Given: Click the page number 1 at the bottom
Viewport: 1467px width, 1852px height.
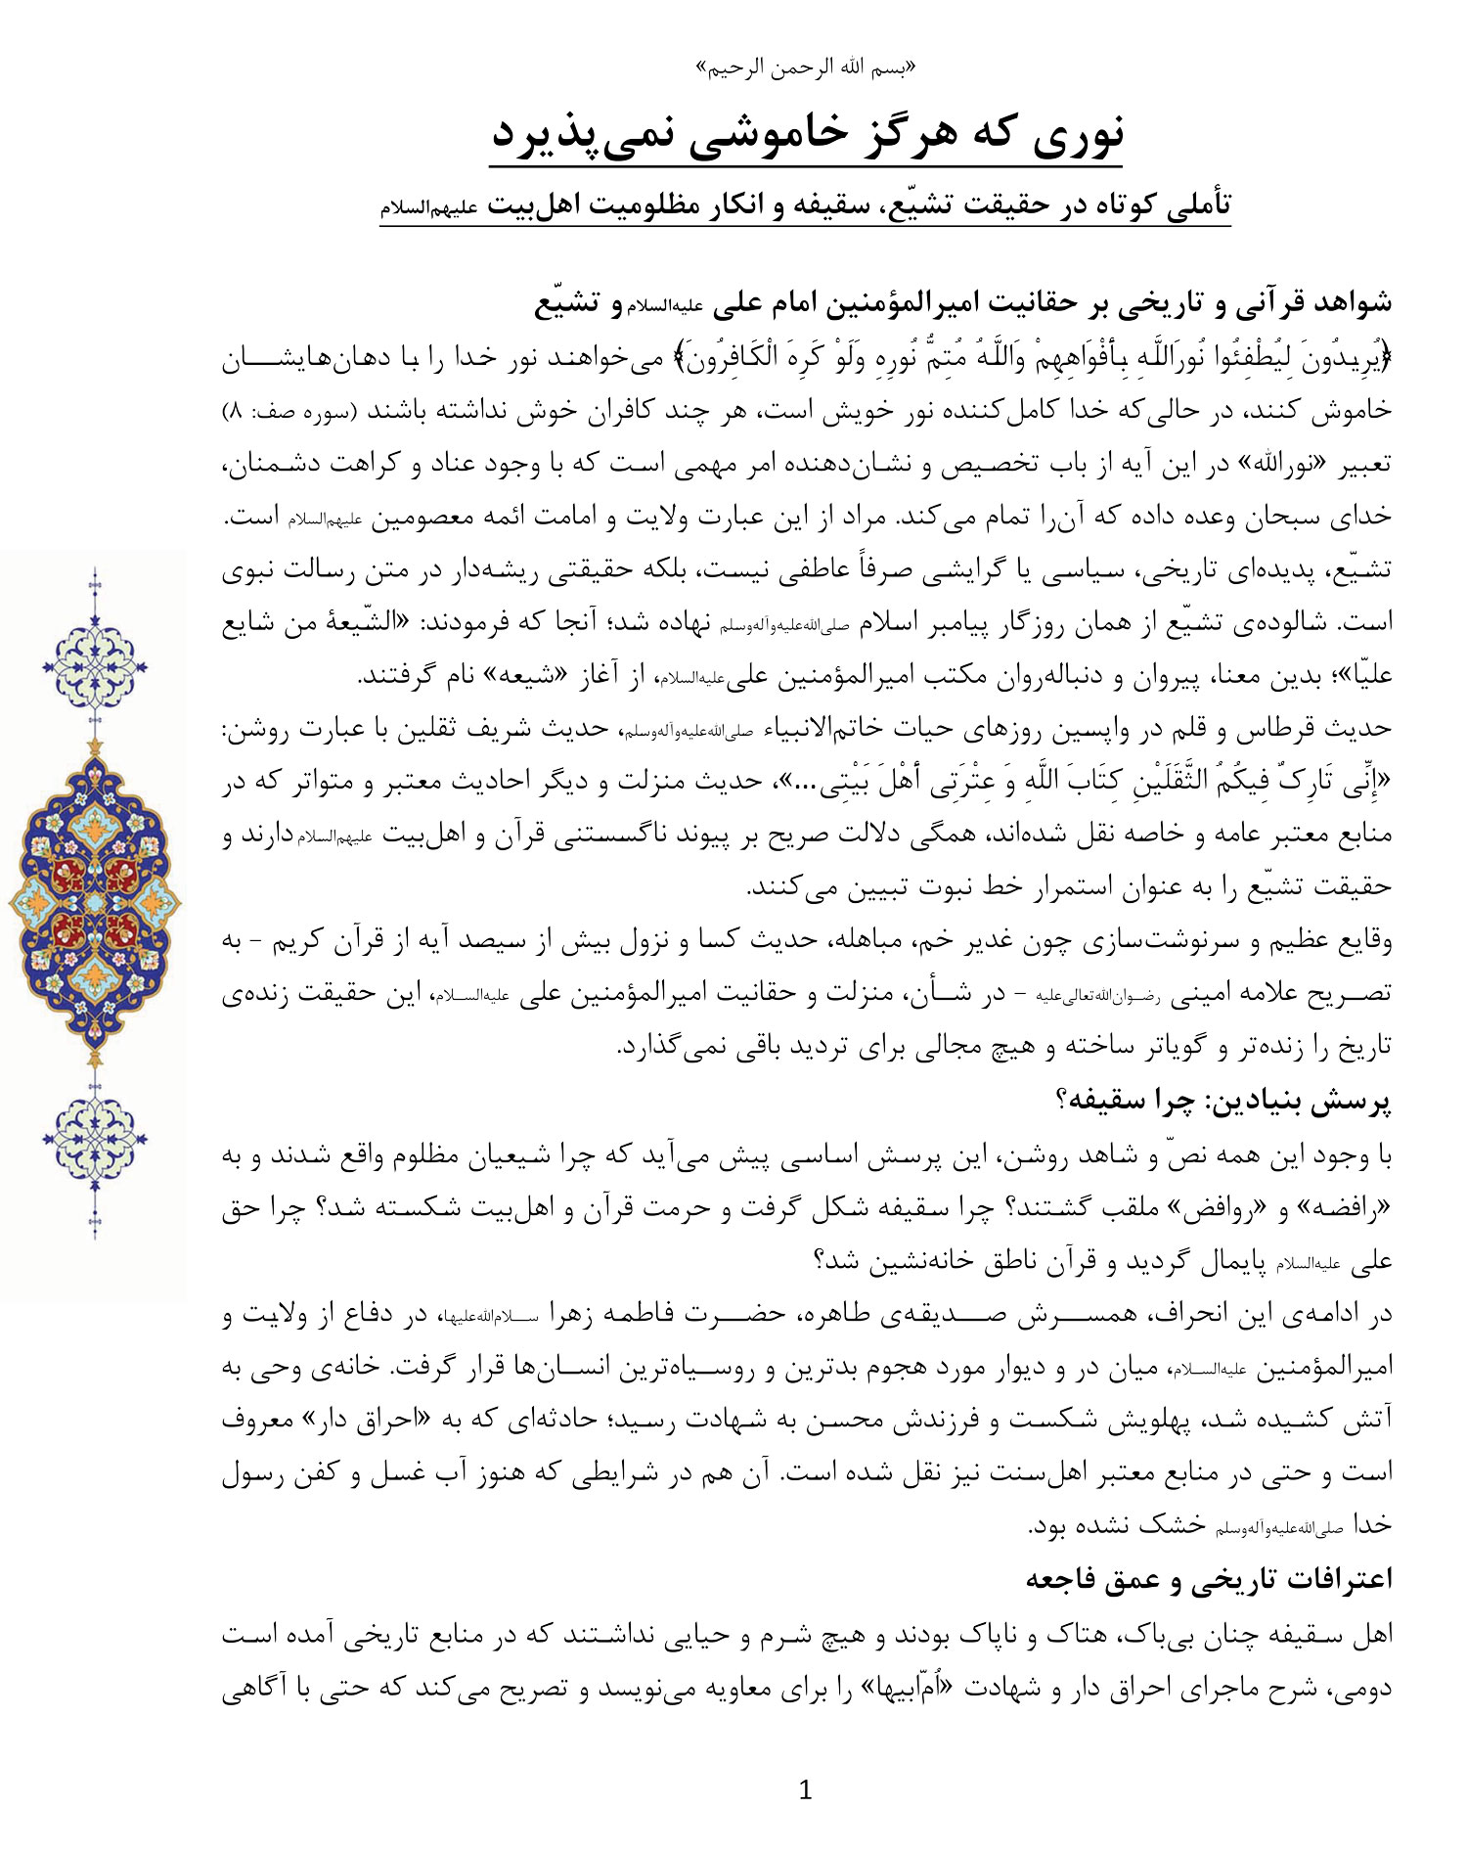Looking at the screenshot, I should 805,1790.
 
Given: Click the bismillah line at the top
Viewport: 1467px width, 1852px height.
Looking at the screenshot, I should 806,68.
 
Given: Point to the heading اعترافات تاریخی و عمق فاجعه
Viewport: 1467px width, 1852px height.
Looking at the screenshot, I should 1209,1578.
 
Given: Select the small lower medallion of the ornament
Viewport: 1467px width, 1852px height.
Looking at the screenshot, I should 95,1135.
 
